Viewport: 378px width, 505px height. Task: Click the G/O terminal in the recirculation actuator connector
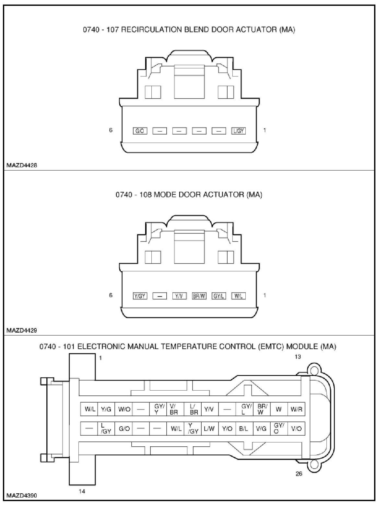coord(140,131)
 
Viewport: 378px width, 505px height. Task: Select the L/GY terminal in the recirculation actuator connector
coord(239,131)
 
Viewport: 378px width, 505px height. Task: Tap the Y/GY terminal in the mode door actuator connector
coord(140,296)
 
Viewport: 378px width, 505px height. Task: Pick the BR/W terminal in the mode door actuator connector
coord(199,296)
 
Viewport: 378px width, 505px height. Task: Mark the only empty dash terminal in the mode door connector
coord(159,296)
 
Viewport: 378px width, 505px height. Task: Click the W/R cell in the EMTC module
coord(296,409)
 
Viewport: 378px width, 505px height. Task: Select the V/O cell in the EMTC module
coord(296,429)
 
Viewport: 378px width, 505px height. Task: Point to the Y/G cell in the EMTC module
coord(106,409)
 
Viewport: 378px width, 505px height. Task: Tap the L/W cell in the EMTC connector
coord(209,429)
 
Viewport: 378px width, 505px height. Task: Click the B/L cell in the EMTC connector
coord(244,429)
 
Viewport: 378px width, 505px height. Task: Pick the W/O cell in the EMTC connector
coord(124,409)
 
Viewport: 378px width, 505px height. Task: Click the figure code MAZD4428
coord(22,165)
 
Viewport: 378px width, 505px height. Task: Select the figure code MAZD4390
coord(22,496)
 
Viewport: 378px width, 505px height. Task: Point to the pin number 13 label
coord(298,357)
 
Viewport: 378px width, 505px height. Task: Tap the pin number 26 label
coord(299,474)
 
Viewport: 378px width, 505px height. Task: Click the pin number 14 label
coord(82,491)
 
